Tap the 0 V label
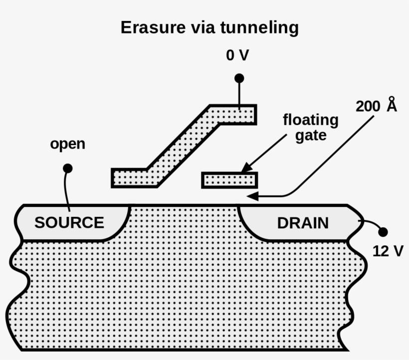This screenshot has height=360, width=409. tap(237, 55)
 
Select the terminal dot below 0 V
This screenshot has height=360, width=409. tap(239, 78)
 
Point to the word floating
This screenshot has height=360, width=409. tap(310, 120)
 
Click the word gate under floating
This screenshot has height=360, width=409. tap(310, 135)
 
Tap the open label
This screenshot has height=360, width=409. tap(68, 145)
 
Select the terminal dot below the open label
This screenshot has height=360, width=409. tap(68, 169)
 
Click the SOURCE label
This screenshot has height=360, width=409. tap(69, 222)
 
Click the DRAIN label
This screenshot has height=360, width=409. tap(303, 223)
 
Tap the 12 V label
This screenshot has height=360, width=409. tap(388, 251)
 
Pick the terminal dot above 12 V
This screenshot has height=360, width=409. tap(383, 232)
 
